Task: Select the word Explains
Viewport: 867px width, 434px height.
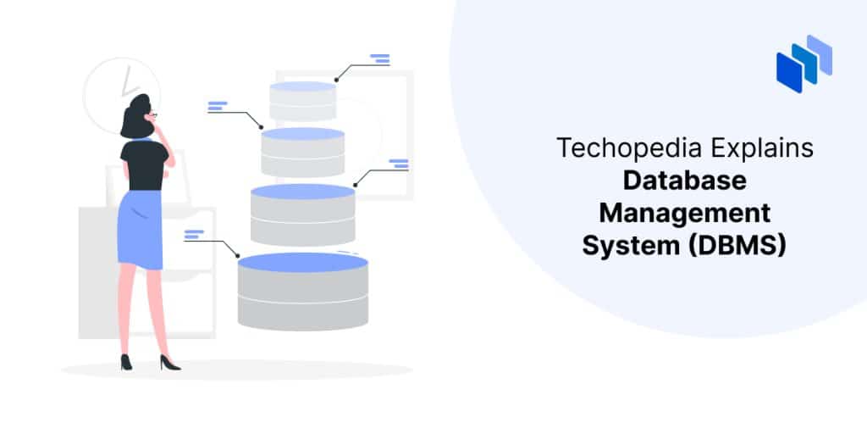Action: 762,148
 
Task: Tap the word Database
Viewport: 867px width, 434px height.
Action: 684,181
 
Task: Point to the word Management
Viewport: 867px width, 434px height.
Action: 684,213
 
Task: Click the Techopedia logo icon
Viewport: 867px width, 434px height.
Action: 804,63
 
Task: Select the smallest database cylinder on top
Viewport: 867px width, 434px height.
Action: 302,101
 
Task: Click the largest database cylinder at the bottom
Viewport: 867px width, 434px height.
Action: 303,292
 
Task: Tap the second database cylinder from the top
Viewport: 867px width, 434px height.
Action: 302,152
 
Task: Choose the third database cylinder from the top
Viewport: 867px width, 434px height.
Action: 302,214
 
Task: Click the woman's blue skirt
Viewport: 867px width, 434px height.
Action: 141,229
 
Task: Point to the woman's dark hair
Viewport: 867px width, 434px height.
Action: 136,116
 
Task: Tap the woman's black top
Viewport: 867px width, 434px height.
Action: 144,164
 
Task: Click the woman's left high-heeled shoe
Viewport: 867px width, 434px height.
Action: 127,362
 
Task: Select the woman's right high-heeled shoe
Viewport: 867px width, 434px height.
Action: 169,363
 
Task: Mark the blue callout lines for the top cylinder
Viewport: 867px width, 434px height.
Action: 380,58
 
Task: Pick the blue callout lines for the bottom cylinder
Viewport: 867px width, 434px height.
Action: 194,234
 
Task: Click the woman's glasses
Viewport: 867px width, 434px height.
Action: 153,115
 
